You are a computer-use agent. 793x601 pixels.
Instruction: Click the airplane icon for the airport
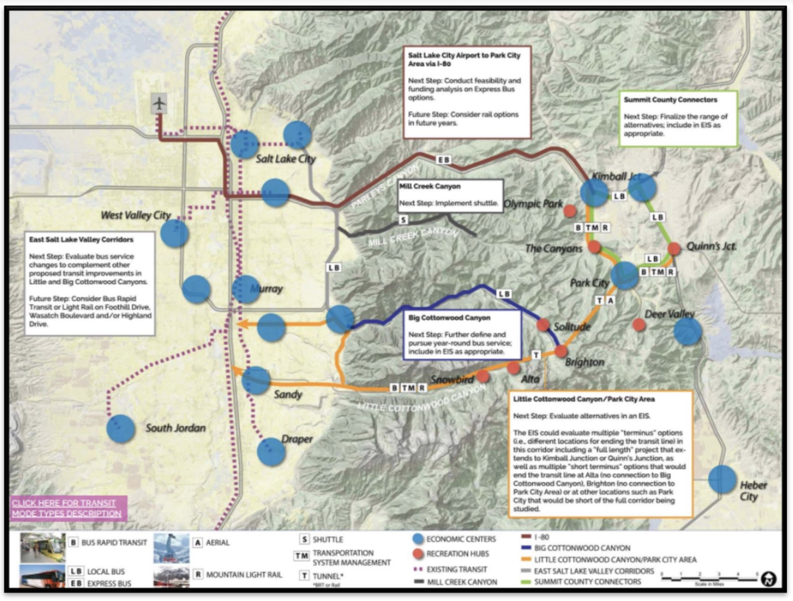click(x=159, y=104)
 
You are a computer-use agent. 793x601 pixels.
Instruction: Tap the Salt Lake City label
click(x=285, y=159)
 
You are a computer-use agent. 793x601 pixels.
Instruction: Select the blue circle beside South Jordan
click(x=121, y=429)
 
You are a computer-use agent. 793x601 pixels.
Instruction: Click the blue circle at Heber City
click(x=722, y=480)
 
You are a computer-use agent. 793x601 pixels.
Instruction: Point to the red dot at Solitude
click(x=543, y=325)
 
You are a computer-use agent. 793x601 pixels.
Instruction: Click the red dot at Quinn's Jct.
click(x=674, y=248)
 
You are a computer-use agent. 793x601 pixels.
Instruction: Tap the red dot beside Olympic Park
click(x=569, y=211)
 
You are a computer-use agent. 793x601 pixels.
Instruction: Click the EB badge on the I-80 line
click(x=443, y=160)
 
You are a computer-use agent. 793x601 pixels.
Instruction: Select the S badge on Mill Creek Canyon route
click(x=403, y=220)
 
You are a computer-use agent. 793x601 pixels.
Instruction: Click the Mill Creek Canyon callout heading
click(x=430, y=186)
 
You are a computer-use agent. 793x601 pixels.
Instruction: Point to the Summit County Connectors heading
click(x=670, y=100)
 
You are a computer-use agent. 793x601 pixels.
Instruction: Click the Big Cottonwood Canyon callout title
click(x=449, y=318)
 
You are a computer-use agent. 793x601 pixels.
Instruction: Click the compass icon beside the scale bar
click(x=768, y=579)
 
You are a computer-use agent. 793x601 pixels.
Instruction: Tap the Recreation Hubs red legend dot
click(x=418, y=554)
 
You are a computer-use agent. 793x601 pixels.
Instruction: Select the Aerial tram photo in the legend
click(x=171, y=548)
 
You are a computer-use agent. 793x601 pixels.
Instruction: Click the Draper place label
click(x=297, y=439)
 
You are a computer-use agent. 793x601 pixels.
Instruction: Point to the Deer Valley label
click(x=669, y=314)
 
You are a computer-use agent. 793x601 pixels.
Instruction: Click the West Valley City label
click(x=136, y=215)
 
